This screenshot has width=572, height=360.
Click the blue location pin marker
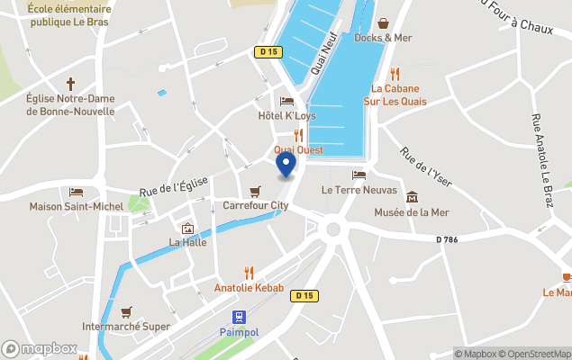(x=286, y=165)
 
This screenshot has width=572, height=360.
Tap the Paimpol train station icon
(x=239, y=318)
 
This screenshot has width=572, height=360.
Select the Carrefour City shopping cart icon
(x=256, y=192)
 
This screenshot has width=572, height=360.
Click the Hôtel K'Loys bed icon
(x=287, y=102)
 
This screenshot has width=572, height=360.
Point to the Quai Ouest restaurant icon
(x=298, y=135)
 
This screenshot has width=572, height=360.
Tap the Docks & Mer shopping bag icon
(x=383, y=23)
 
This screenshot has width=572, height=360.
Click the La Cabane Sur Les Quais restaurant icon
(x=394, y=74)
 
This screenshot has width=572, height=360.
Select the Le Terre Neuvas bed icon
(x=359, y=175)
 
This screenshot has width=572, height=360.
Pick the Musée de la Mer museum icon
(x=412, y=197)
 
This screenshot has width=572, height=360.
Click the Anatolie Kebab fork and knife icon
(x=250, y=273)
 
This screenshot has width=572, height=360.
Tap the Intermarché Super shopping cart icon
(x=126, y=311)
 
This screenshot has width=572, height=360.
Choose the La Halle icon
(x=187, y=229)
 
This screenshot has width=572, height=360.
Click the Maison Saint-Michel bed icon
(x=77, y=192)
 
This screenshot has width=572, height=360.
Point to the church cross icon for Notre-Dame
(x=70, y=83)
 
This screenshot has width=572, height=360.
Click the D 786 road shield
(x=447, y=239)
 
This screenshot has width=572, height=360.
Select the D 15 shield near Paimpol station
(x=305, y=295)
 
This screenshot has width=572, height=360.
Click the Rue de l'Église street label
(x=174, y=186)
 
